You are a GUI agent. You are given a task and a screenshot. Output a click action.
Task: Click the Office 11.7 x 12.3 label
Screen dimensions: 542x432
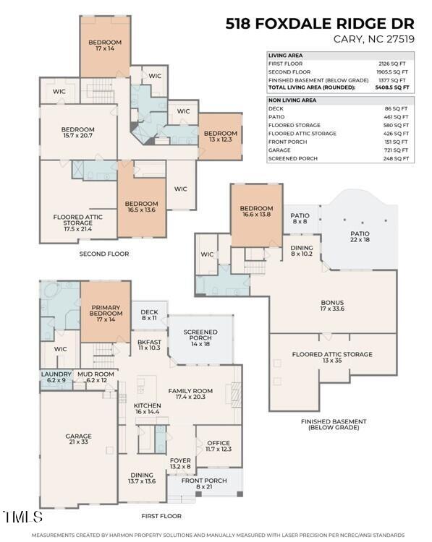pyautogui.click(x=218, y=447)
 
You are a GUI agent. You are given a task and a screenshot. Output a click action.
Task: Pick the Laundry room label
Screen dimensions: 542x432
pyautogui.click(x=55, y=377)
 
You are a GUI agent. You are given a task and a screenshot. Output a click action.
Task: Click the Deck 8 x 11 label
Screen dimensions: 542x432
pyautogui.click(x=149, y=315)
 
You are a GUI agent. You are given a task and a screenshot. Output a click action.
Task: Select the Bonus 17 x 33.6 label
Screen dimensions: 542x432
pyautogui.click(x=332, y=306)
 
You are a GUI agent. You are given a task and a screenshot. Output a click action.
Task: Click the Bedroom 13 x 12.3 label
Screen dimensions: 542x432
pyautogui.click(x=220, y=137)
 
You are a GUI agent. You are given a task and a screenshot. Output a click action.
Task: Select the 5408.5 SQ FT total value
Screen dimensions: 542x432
pyautogui.click(x=395, y=87)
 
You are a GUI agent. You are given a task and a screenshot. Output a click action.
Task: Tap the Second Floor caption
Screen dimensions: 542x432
pyautogui.click(x=104, y=254)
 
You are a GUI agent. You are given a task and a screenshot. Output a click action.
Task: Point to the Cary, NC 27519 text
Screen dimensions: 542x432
pyautogui.click(x=373, y=39)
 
